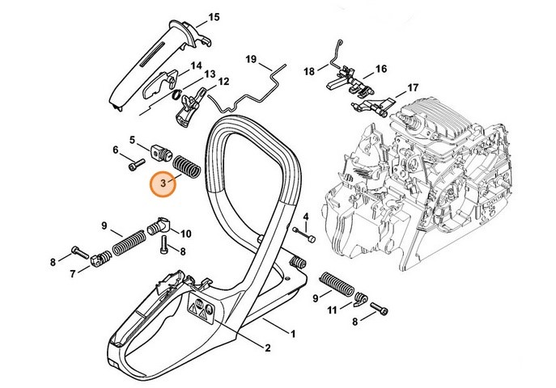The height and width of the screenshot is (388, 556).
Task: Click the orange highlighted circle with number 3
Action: (x=164, y=183)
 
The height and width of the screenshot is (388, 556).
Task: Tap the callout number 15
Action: (x=214, y=17)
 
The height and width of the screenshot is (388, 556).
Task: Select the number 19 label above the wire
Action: (x=251, y=59)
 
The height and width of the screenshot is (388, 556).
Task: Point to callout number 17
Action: (x=412, y=87)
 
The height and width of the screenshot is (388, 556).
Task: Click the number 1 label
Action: (x=293, y=333)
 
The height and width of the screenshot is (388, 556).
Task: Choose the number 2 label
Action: (x=267, y=348)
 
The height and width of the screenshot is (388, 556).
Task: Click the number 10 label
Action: (x=185, y=234)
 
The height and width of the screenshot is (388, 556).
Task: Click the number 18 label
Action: (x=308, y=72)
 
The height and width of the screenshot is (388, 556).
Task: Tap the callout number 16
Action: (x=380, y=69)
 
